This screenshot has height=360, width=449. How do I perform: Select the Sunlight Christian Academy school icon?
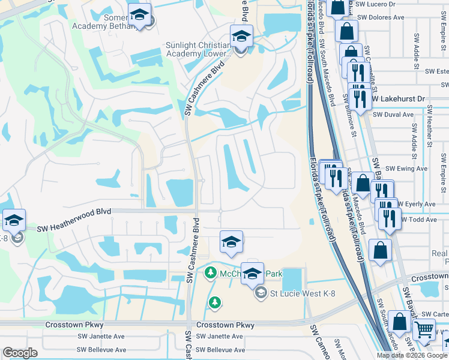[x=240, y=37]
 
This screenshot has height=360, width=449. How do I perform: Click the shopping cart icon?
[x=424, y=329]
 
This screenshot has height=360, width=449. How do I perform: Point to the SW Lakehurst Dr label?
[x=398, y=98]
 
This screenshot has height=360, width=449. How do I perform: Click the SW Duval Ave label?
[x=393, y=115]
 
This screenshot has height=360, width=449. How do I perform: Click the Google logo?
[x=20, y=353]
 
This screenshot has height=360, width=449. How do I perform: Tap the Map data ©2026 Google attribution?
[x=412, y=355]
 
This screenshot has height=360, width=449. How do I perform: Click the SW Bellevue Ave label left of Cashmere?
[x=101, y=350]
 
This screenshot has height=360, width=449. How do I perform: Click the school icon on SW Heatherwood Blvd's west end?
[x=13, y=221]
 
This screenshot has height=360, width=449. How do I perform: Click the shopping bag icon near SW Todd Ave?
[x=381, y=250]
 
